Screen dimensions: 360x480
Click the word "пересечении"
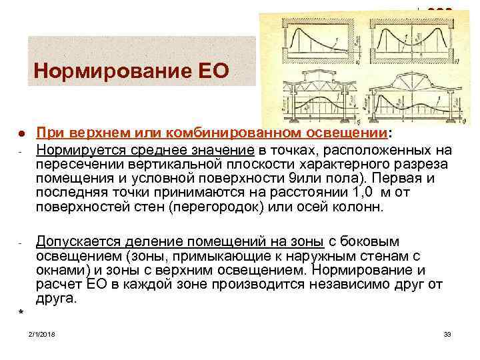point(78,164)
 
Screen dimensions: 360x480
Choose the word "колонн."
point(361,208)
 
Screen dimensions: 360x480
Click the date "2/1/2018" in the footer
point(42,333)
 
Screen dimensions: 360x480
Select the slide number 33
point(447,333)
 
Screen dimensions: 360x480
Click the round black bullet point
point(21,135)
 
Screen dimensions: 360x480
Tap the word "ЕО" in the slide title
point(211,69)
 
